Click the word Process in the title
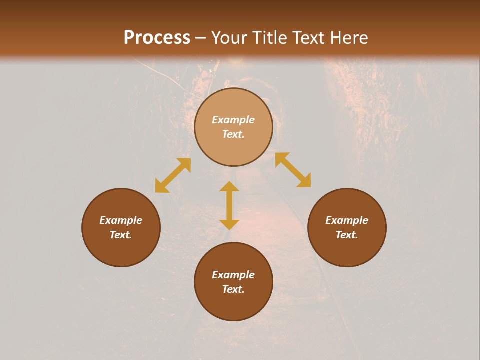tap(157, 38)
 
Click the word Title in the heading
tap(269, 38)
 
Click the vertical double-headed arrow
tap(229, 205)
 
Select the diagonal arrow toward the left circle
tap(173, 175)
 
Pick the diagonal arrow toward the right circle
tap(293, 170)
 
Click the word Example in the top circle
tap(233, 120)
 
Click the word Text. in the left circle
tap(121, 235)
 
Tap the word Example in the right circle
tap(347, 220)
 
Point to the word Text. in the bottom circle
tap(233, 289)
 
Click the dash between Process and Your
tap(201, 38)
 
